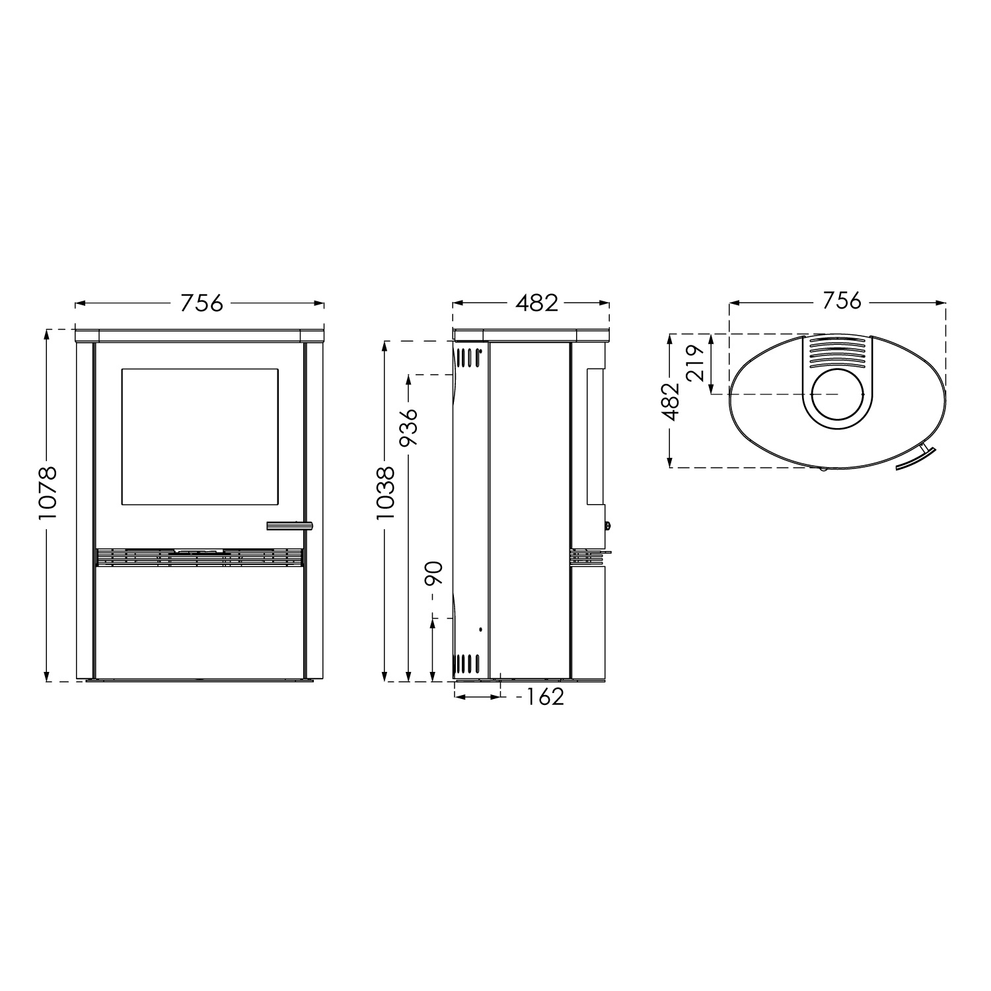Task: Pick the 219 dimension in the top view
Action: tap(694, 364)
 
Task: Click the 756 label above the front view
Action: tap(202, 303)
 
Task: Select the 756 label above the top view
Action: tap(842, 301)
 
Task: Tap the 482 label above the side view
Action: tap(536, 303)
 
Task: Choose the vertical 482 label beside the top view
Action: tap(671, 401)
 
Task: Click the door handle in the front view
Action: tap(289, 526)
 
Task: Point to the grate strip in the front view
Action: tap(199, 558)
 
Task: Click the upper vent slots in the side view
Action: tap(467, 357)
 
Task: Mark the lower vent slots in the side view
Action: tap(467, 663)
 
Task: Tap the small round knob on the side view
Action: tap(607, 527)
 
